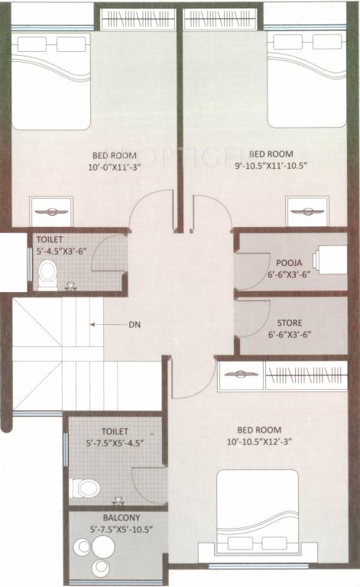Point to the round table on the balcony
pyautogui.click(x=99, y=549)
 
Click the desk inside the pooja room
pyautogui.click(x=334, y=260)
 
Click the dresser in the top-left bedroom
pyautogui.click(x=50, y=210)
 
